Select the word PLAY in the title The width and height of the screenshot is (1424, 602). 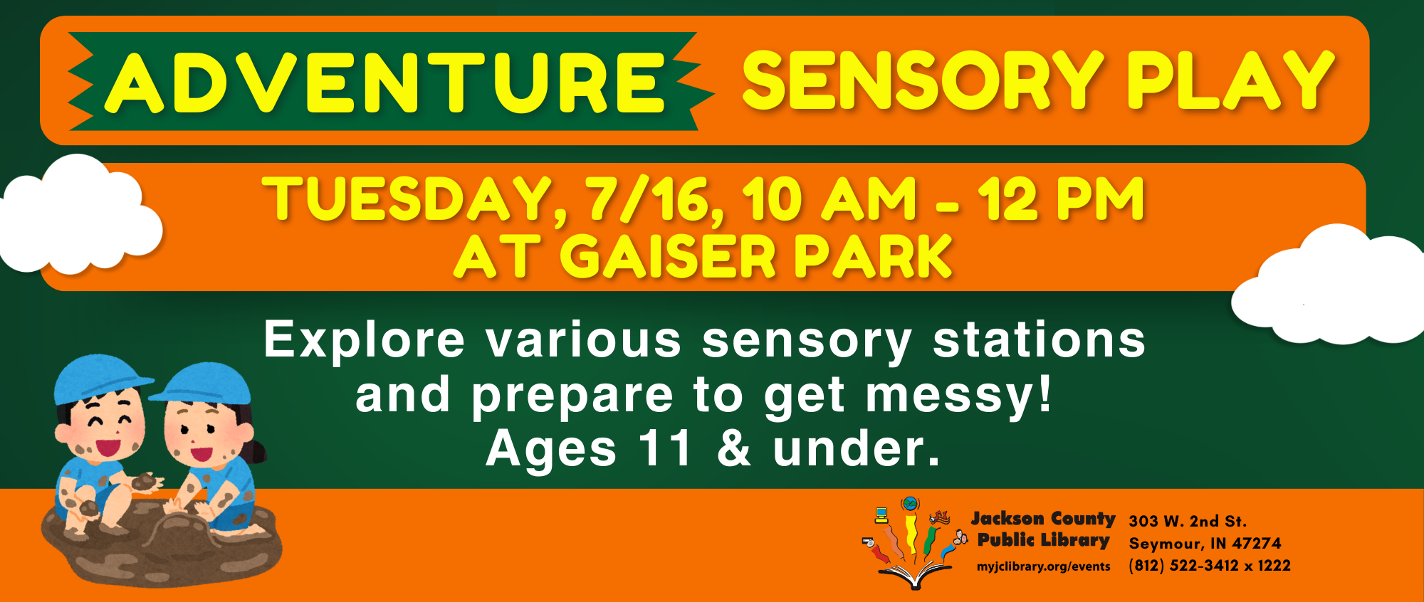tap(1230, 80)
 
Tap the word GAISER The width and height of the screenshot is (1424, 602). tap(667, 256)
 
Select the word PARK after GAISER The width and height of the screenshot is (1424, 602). tap(873, 256)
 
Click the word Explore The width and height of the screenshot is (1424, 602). tap(365, 340)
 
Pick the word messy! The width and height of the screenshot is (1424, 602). tap(958, 396)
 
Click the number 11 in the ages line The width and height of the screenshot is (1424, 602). tap(665, 449)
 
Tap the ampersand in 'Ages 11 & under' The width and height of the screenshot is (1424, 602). tap(733, 449)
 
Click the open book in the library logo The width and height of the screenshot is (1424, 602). tap(916, 575)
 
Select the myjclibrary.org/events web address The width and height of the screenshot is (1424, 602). tap(1044, 567)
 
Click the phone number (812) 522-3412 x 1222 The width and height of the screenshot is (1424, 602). tap(1210, 566)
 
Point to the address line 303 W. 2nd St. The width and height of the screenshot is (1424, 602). tap(1188, 522)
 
